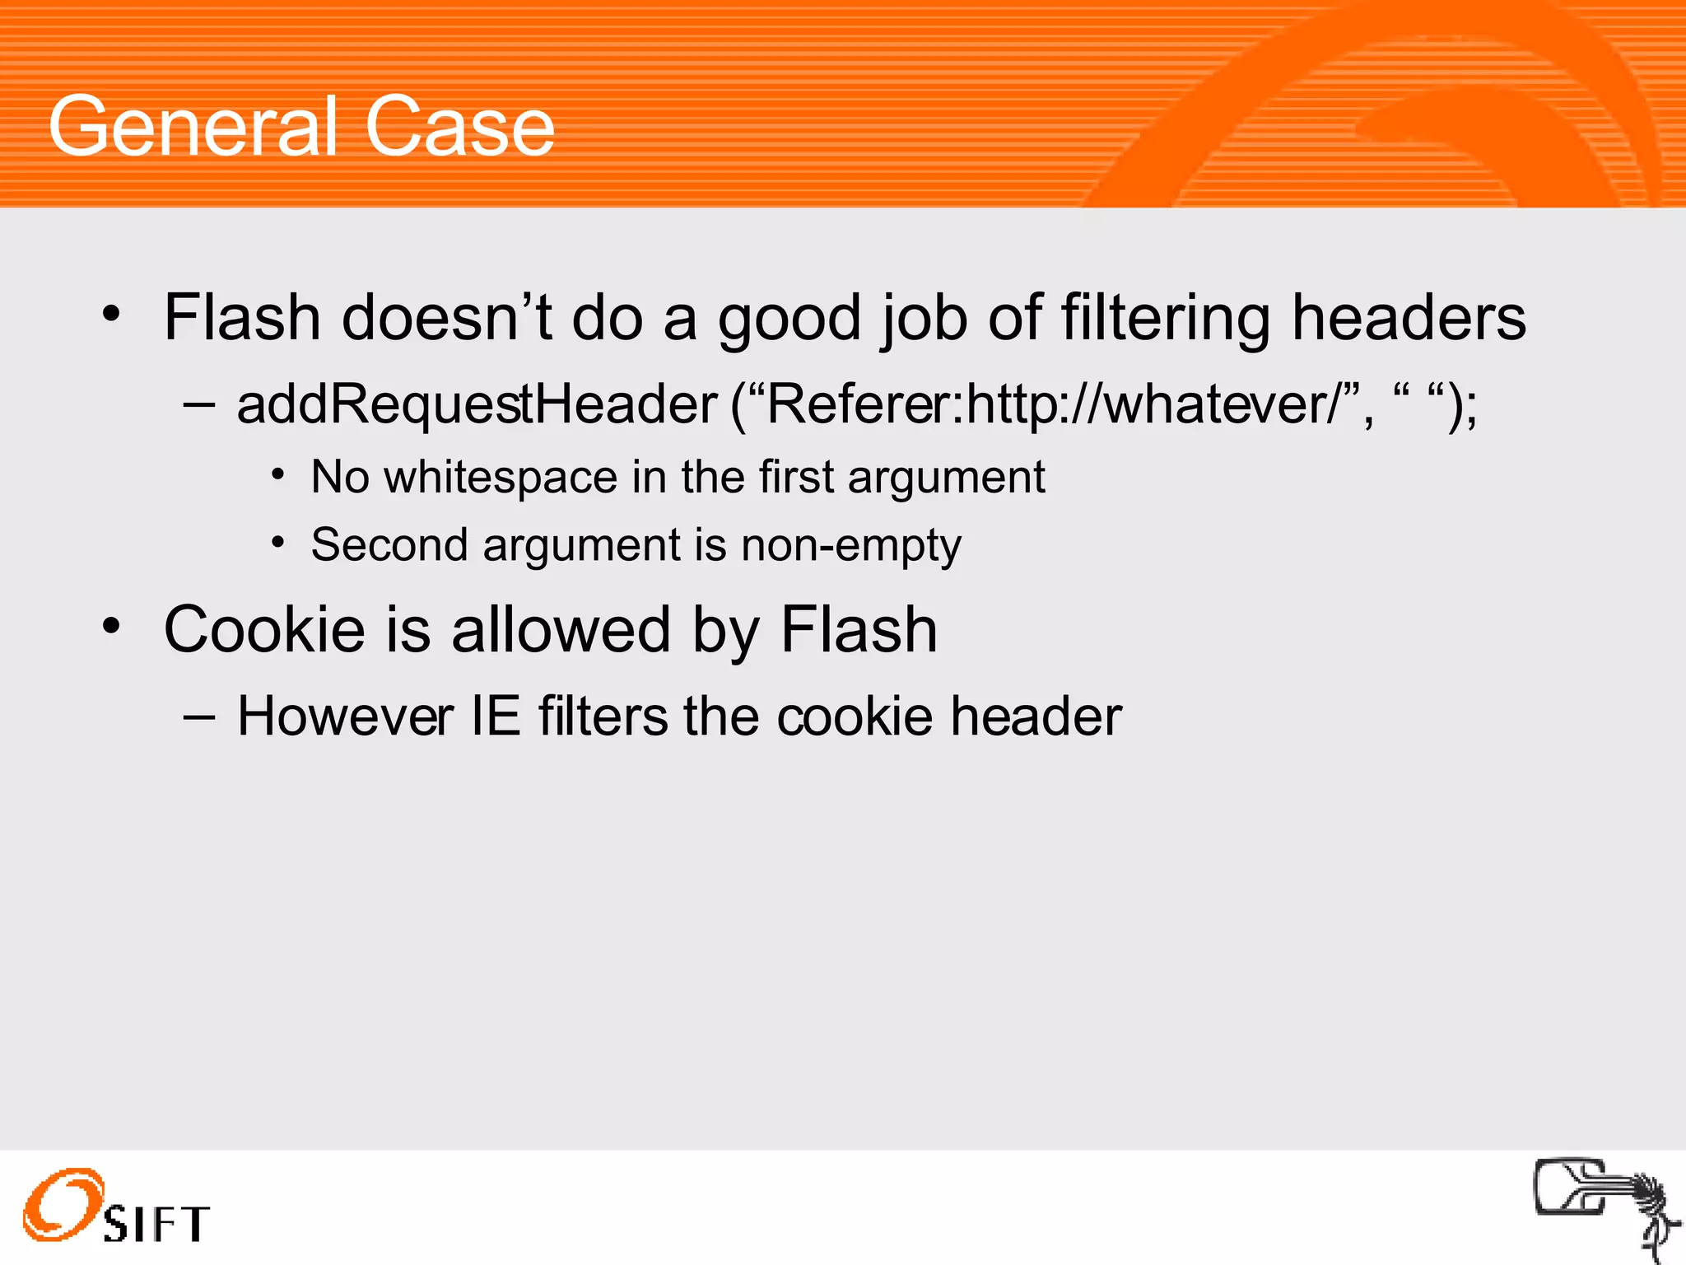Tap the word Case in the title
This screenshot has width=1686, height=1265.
coord(459,128)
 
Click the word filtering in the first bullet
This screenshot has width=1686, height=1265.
coord(1166,319)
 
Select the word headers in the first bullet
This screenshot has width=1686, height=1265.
coord(1409,319)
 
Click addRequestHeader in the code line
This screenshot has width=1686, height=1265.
coord(477,404)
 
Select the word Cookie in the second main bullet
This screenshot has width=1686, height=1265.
coord(264,630)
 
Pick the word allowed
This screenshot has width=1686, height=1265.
coord(561,630)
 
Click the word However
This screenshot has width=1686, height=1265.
coord(345,716)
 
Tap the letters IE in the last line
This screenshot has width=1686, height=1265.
coord(495,716)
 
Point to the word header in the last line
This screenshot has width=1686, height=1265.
coord(1036,716)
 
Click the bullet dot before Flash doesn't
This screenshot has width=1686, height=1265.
coord(112,314)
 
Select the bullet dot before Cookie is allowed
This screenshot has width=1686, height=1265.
coord(112,626)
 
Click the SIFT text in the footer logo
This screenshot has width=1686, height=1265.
coord(156,1225)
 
